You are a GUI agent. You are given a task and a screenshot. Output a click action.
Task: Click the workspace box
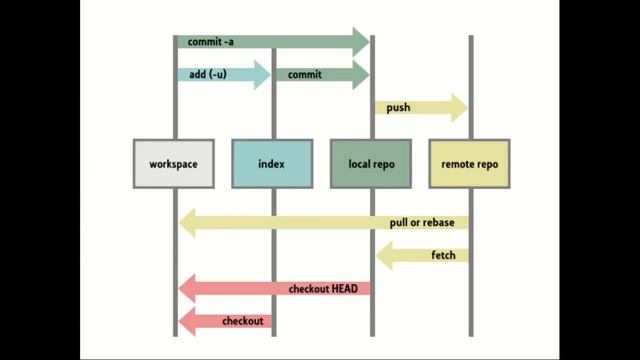[173, 163]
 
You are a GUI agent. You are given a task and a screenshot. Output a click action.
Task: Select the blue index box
[271, 163]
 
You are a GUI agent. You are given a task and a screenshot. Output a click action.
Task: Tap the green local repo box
[370, 163]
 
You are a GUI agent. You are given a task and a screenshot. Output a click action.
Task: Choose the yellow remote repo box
[468, 163]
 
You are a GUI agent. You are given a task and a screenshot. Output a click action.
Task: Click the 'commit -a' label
[208, 42]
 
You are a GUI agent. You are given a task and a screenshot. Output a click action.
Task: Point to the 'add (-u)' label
[206, 74]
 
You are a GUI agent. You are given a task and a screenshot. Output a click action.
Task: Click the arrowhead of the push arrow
[459, 107]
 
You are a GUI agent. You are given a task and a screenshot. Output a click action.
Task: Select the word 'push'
[397, 107]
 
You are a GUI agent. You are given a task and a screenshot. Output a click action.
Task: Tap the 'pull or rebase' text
[422, 222]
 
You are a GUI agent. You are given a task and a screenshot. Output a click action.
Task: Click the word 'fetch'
[443, 255]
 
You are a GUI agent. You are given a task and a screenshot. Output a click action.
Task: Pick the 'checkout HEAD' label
[323, 288]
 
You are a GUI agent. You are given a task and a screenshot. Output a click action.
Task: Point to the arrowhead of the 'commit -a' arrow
[361, 42]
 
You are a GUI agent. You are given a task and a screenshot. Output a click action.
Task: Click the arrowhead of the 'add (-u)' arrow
[262, 74]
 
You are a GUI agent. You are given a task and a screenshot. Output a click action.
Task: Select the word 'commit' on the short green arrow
[304, 74]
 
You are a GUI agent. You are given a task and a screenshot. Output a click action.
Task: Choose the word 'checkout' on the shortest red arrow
[242, 321]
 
